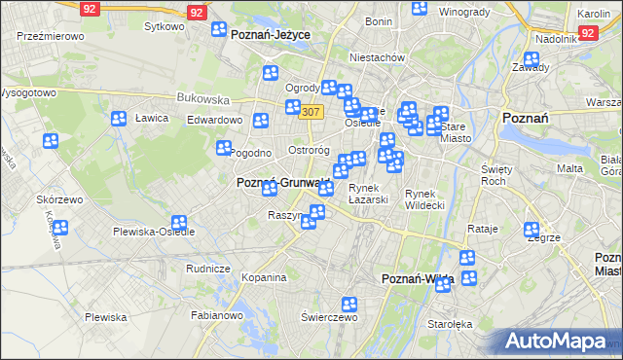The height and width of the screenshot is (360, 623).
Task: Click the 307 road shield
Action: click(311, 112)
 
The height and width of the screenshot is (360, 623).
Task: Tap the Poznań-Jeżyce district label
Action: click(271, 34)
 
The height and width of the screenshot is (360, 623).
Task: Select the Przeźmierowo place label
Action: click(51, 35)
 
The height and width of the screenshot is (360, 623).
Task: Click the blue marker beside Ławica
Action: click(119, 119)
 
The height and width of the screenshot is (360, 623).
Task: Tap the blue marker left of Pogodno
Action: click(223, 149)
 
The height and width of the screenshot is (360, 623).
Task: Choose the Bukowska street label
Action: click(202, 99)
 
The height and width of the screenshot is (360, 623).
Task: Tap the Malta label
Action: click(569, 169)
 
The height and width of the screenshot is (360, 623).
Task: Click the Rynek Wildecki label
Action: click(425, 199)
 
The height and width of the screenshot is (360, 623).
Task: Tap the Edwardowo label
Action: click(214, 120)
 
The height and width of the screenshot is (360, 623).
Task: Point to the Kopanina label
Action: click(264, 277)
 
